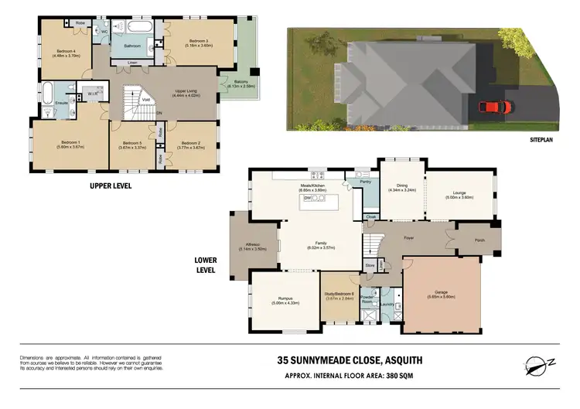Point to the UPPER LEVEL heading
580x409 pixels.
click(111, 186)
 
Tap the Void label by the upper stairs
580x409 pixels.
click(145, 99)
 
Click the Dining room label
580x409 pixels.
click(401, 185)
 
